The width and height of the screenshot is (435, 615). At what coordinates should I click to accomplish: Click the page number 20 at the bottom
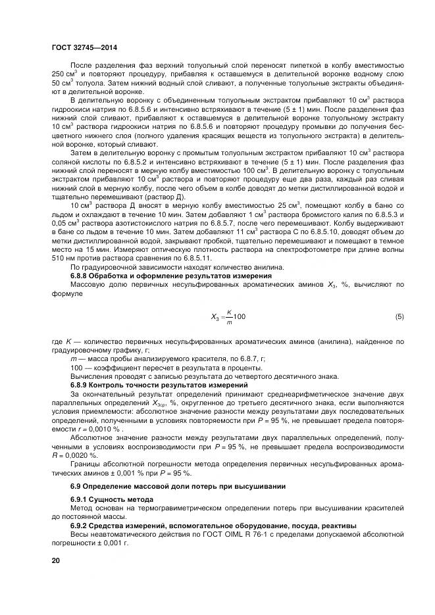pos(55,560)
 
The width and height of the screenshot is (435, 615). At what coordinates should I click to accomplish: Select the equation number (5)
pos(399,317)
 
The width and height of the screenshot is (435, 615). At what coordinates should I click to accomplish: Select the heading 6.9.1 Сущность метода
pos(103,500)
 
